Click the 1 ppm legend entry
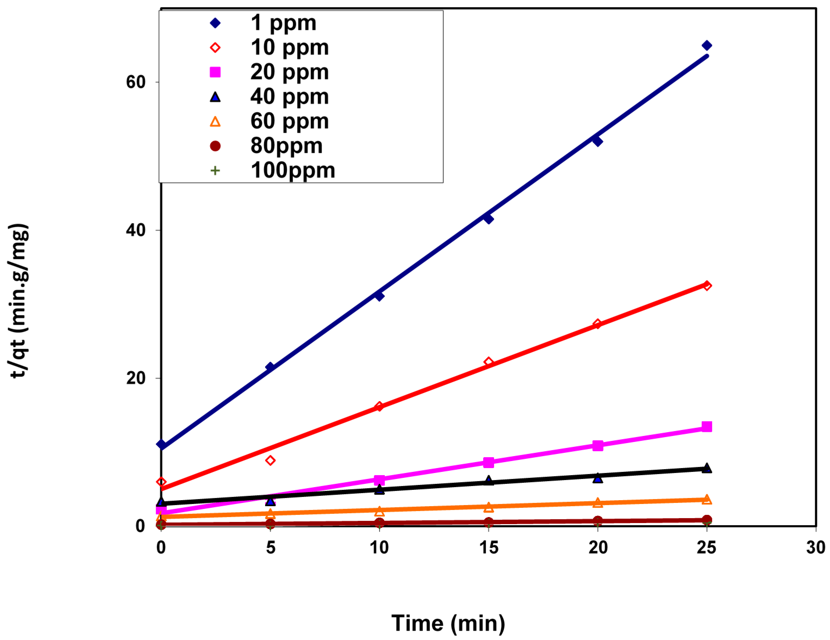pos(283,23)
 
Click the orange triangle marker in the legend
pos(215,122)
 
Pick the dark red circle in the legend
pos(215,146)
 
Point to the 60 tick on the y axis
pos(136,82)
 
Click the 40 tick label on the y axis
pos(136,230)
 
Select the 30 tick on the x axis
pos(816,548)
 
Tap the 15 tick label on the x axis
pos(488,548)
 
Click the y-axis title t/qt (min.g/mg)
pos(18,300)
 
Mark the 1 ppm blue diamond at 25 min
pos(707,46)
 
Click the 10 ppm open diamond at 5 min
pos(270,460)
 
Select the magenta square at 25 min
pos(707,427)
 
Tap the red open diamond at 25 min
pos(707,286)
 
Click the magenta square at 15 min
pos(488,462)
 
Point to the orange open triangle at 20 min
pos(597,503)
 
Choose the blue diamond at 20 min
pos(597,141)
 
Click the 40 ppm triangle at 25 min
pos(707,468)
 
